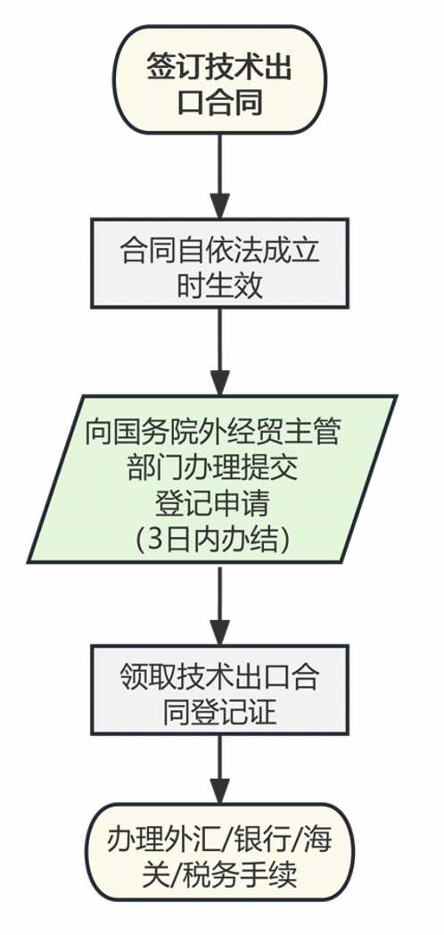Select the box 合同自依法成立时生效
pyautogui.click(x=219, y=264)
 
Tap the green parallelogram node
pyautogui.click(x=214, y=479)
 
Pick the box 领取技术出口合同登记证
pyautogui.click(x=219, y=691)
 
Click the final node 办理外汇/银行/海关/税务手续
pyautogui.click(x=219, y=856)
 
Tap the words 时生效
pyautogui.click(x=219, y=283)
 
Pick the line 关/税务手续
pyautogui.click(x=219, y=874)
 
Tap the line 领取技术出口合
pyautogui.click(x=219, y=674)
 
